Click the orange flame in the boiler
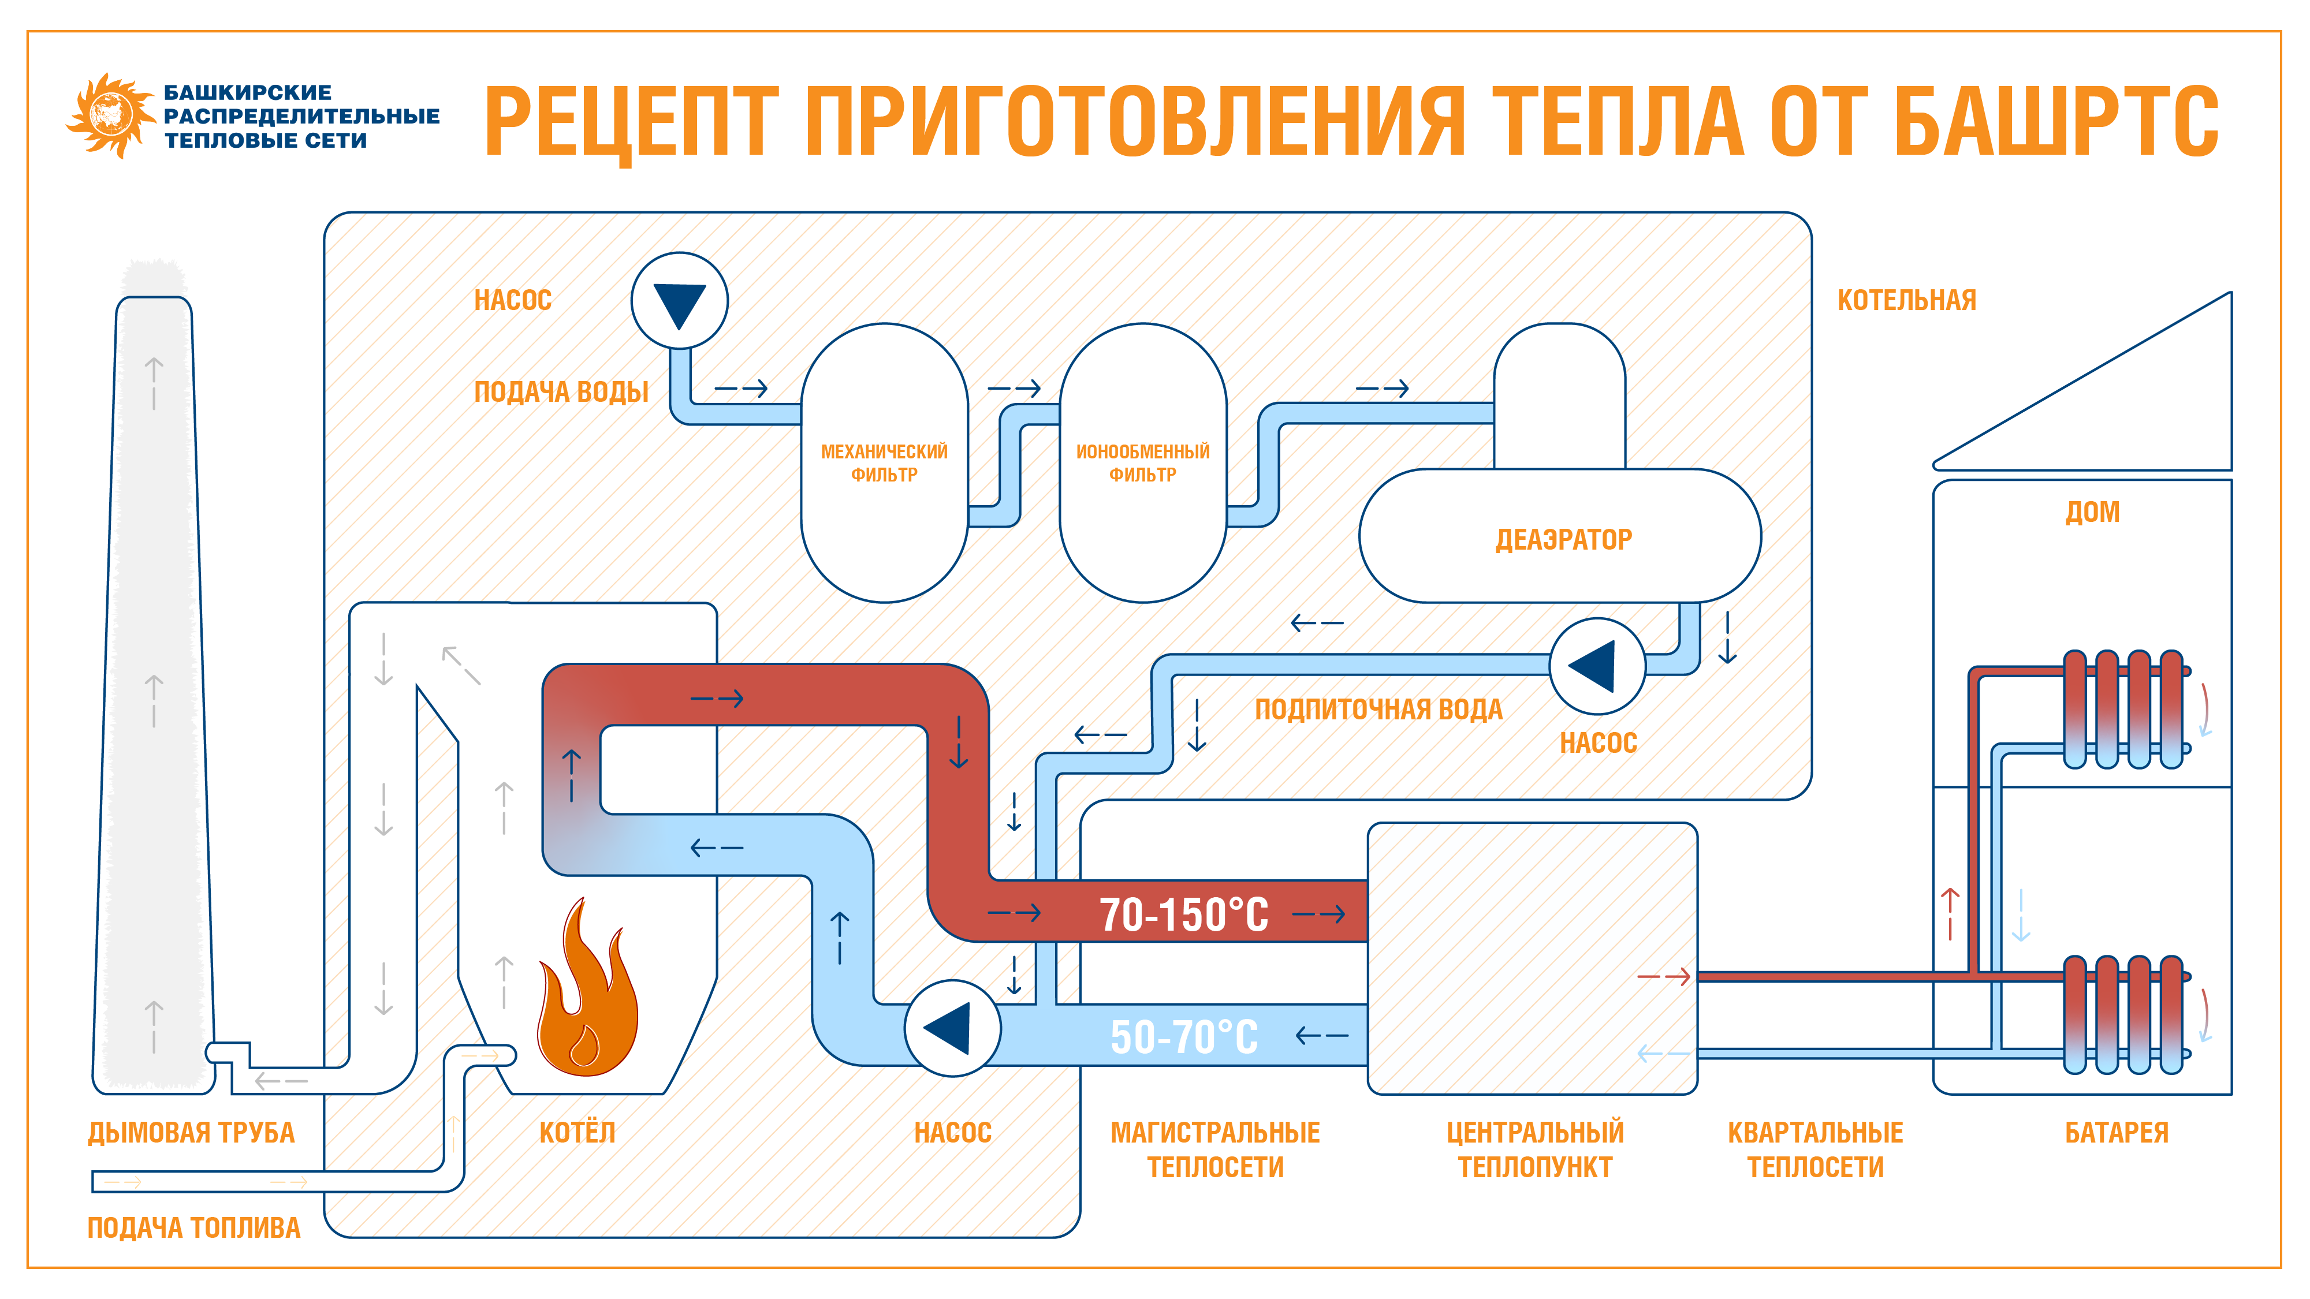(587, 995)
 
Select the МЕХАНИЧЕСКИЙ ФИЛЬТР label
(884, 462)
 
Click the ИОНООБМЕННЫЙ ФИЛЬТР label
(1142, 462)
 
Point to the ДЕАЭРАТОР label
(1563, 540)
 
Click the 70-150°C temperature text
(1184, 914)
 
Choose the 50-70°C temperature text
(1184, 1037)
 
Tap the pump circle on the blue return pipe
(952, 1028)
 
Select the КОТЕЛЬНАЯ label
(1906, 300)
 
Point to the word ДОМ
(2092, 512)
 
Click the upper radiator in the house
(2122, 709)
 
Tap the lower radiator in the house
(2122, 1015)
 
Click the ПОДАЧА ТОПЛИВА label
(193, 1228)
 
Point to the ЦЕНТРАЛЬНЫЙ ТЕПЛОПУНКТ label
(1534, 1149)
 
